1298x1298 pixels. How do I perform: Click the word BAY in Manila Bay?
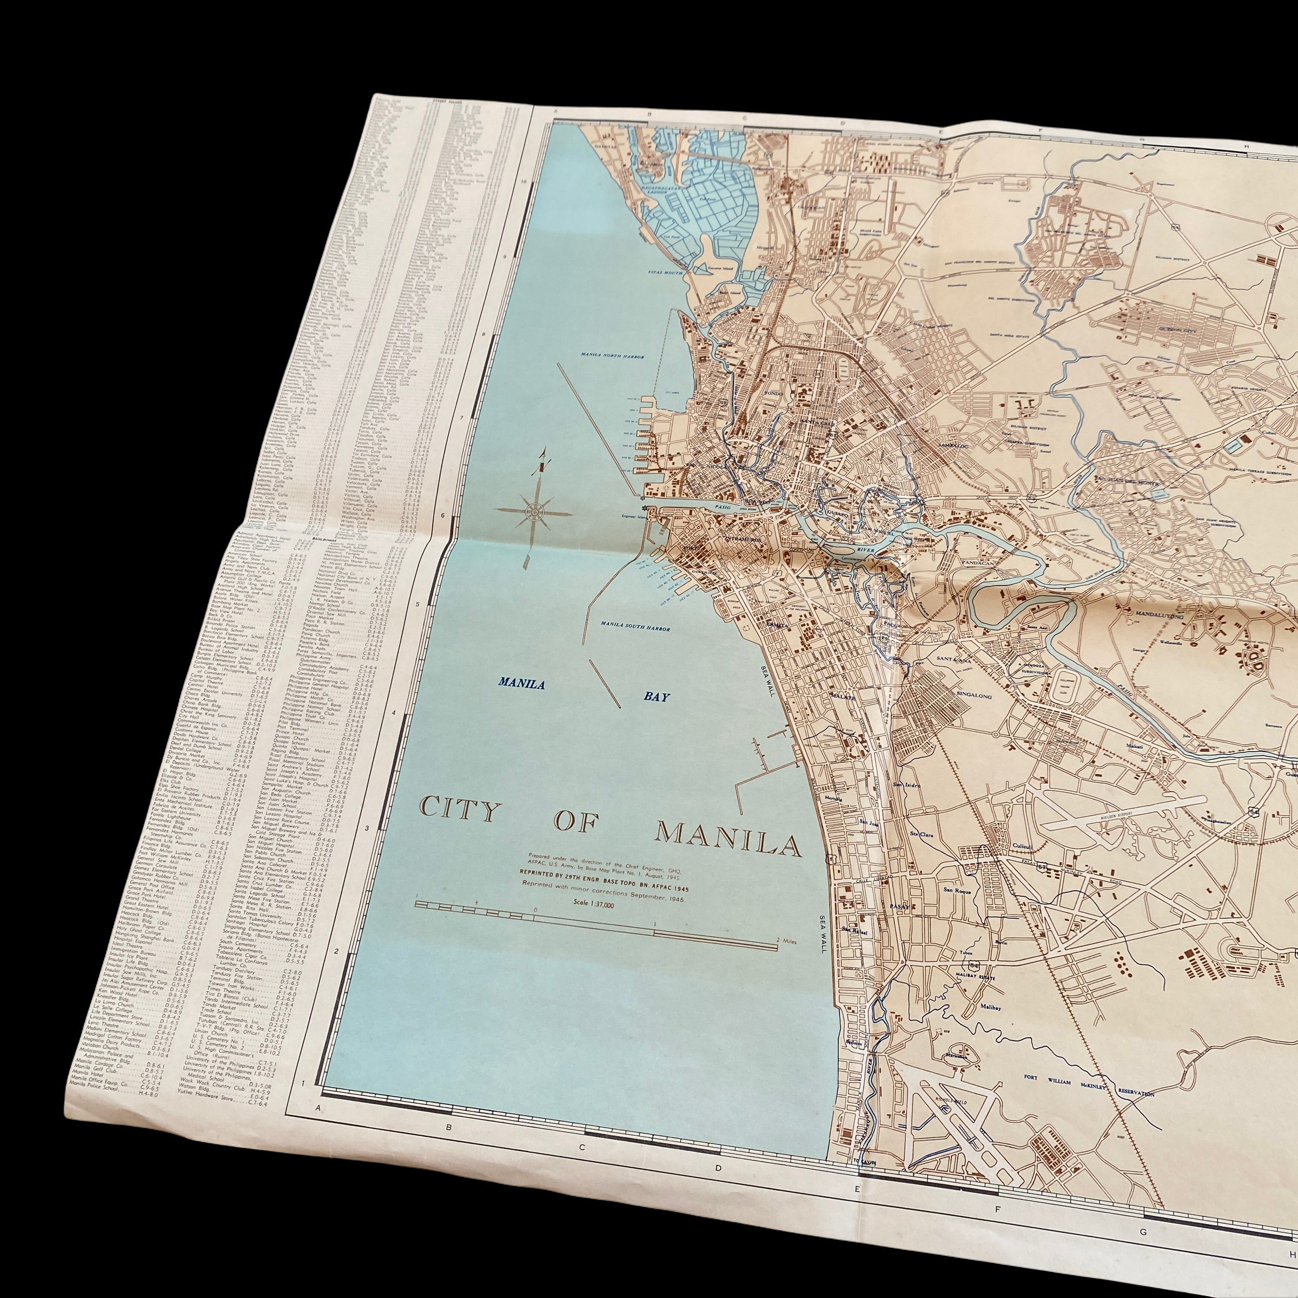(x=657, y=696)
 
